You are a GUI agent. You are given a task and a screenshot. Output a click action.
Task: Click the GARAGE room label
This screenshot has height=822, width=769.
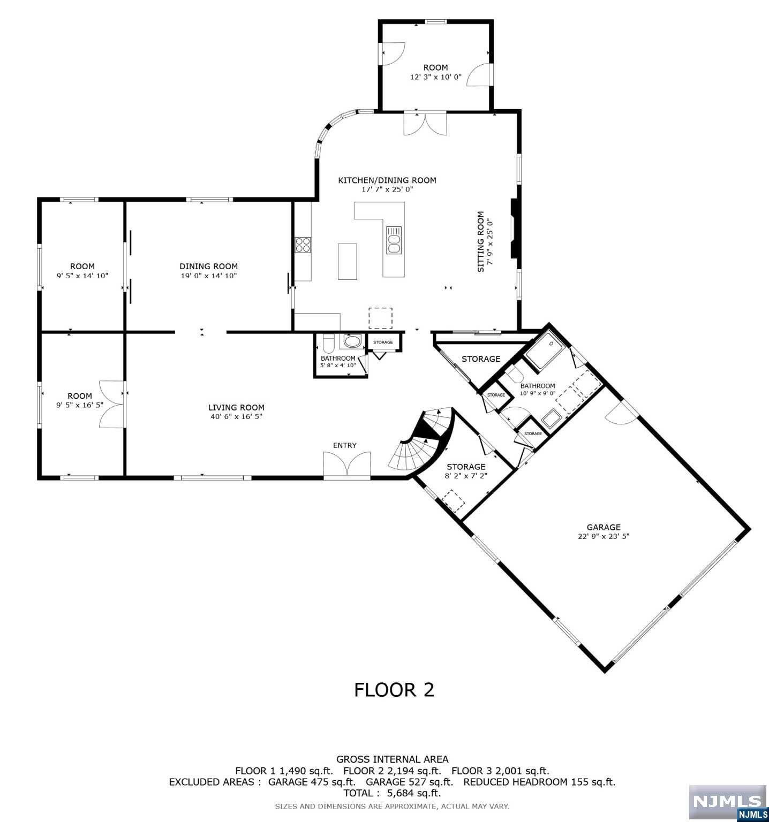point(603,527)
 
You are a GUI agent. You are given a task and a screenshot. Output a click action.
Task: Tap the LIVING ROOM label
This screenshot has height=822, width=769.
point(236,407)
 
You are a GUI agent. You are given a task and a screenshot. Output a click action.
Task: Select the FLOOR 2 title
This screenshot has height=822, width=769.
point(394,690)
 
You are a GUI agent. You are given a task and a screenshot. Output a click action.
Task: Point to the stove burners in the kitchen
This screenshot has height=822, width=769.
point(303,245)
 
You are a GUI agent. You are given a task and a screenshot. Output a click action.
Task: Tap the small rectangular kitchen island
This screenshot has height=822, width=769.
point(347,261)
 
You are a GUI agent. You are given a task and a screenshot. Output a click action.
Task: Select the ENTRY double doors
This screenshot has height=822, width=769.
point(347,464)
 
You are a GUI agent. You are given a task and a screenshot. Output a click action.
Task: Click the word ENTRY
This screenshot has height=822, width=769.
point(344,445)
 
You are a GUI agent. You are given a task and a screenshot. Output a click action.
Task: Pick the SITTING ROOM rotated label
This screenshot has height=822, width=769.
point(480,241)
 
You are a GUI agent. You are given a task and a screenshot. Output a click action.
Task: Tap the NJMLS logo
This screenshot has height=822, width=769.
point(728,802)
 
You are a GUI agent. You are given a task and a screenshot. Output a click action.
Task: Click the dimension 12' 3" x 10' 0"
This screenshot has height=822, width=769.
point(435,77)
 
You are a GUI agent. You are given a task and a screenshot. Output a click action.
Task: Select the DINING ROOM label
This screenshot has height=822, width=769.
point(208,266)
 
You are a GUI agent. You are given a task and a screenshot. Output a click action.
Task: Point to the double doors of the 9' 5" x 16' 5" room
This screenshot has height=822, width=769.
point(111,404)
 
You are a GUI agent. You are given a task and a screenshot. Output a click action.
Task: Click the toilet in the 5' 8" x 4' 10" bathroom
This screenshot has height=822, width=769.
point(328,342)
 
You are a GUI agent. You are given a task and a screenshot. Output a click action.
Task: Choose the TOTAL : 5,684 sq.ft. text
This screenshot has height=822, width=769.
point(392,793)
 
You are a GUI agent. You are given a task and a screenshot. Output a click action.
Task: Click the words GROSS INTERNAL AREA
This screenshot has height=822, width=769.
point(392,759)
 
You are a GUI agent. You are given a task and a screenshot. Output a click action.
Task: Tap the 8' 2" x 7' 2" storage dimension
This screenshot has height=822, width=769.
point(466,476)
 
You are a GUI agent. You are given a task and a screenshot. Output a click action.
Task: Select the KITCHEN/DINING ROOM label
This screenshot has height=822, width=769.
point(387,180)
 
